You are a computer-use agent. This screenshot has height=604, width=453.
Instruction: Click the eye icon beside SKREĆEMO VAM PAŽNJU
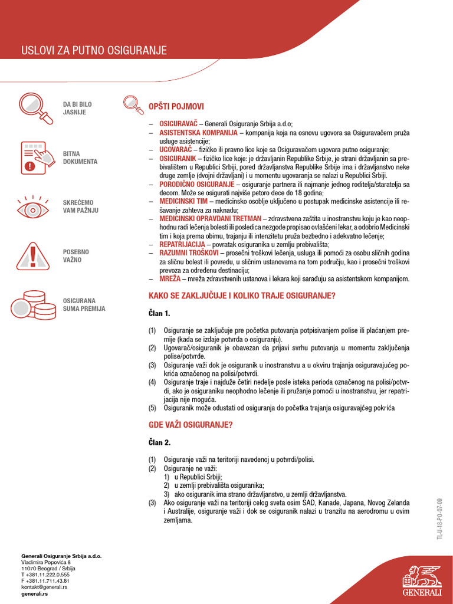click(33, 206)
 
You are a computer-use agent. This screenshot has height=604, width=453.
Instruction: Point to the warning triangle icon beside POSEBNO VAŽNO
click(33, 255)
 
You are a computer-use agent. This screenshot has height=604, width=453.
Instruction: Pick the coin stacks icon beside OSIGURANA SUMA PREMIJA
click(33, 304)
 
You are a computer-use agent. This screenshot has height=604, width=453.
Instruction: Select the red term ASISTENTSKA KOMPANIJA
click(194, 133)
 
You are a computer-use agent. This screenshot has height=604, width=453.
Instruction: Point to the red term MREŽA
click(169, 278)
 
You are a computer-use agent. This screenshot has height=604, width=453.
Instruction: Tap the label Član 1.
click(159, 313)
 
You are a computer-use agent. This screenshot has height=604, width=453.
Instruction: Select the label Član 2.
click(159, 442)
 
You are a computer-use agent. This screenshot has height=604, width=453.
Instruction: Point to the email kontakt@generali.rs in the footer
click(44, 587)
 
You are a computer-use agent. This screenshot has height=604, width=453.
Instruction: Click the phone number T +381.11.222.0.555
click(45, 575)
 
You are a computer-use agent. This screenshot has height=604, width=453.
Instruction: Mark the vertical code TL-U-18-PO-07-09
click(439, 518)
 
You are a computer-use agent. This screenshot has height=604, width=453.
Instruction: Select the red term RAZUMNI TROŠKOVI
click(188, 252)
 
